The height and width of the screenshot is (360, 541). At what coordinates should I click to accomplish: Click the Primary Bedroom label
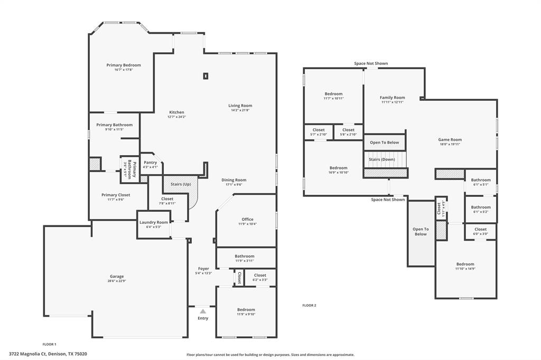[124, 65]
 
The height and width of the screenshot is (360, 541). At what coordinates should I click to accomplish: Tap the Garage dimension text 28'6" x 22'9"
[117, 281]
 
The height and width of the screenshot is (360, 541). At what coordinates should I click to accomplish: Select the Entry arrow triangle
[203, 311]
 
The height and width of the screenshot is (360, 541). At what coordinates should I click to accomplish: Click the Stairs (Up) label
[181, 184]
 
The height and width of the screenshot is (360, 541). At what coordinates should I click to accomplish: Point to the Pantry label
[151, 162]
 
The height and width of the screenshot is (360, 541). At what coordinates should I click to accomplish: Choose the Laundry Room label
[154, 222]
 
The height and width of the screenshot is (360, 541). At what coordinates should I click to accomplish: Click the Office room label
[247, 219]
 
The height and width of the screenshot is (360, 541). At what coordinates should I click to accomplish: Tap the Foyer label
[203, 269]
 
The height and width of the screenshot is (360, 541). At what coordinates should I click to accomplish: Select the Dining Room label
[234, 180]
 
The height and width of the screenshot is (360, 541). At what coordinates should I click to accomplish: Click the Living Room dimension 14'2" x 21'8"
[240, 110]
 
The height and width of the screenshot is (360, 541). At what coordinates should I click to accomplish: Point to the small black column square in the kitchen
[206, 76]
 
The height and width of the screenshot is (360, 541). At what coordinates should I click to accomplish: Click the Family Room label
[392, 97]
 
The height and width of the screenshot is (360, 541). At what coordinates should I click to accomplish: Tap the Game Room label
[450, 139]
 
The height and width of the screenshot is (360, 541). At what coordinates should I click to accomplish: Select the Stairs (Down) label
[385, 159]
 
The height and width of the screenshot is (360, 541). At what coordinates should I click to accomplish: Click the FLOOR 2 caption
[309, 305]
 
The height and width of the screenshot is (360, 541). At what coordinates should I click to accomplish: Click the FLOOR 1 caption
[49, 344]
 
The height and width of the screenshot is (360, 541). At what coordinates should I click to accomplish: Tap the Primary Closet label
[116, 195]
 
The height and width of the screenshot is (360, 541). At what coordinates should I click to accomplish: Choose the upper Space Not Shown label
[371, 63]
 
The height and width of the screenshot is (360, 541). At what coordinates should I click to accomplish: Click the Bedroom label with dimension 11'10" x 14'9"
[465, 264]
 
